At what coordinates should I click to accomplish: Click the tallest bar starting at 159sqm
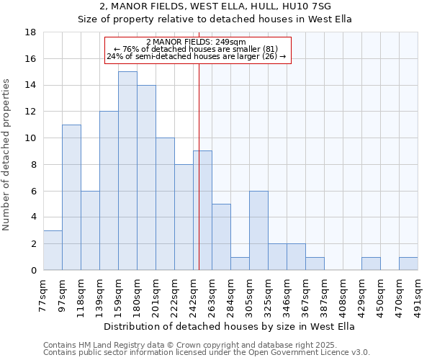[x=127, y=171]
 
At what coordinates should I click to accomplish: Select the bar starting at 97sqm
[x=71, y=197]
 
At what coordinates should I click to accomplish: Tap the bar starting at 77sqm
[x=53, y=250]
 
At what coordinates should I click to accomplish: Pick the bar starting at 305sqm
[x=258, y=230]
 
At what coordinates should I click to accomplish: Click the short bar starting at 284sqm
[x=240, y=264]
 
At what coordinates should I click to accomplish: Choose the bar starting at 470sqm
[x=408, y=264]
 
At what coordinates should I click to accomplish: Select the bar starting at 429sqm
[x=371, y=264]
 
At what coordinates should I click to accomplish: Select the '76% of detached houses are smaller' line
[x=195, y=49]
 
